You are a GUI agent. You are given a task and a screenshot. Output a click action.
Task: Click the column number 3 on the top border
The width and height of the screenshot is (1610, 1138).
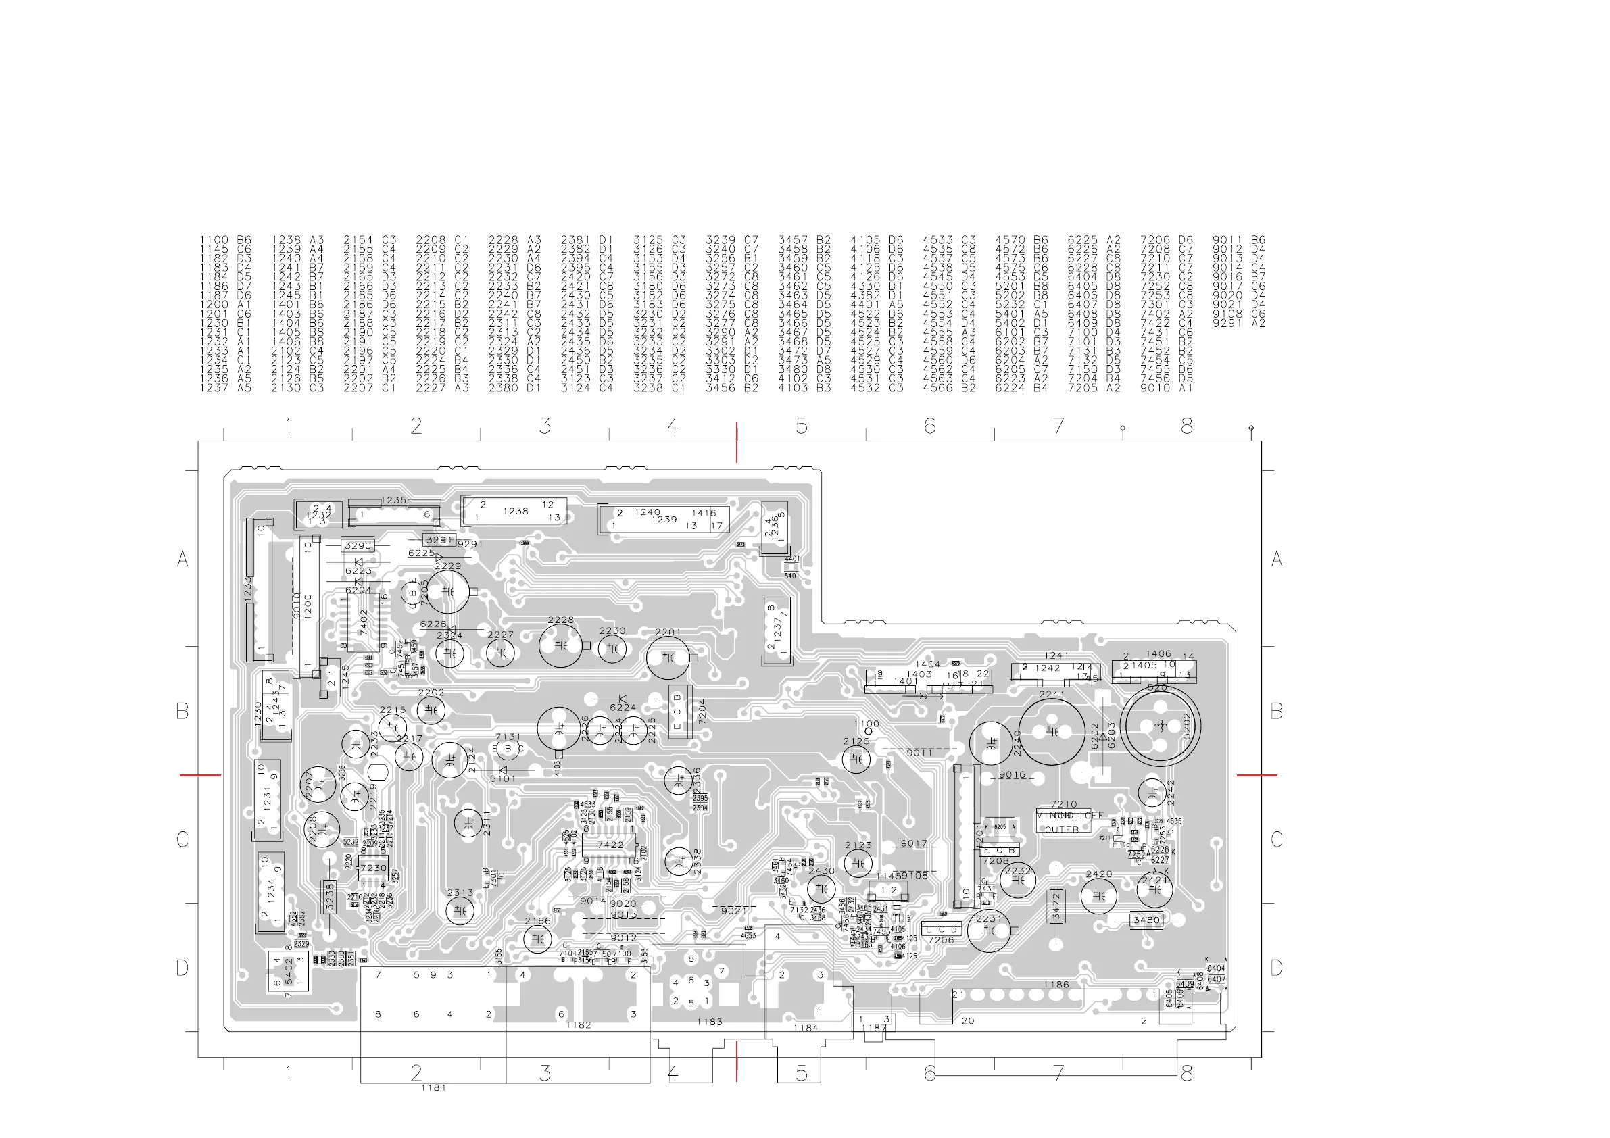pos(545,426)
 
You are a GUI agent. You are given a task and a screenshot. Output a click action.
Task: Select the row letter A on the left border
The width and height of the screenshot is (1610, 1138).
pos(183,559)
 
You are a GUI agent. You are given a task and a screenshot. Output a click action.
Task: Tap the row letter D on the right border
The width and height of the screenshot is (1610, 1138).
pos(1276,968)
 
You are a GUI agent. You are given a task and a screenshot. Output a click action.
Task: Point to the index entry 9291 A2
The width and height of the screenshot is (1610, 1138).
pos(1238,323)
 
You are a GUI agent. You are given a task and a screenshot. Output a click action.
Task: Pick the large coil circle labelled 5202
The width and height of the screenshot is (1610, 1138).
pos(1160,725)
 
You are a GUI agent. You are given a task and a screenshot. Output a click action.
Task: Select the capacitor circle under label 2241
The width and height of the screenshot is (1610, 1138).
pos(1052,731)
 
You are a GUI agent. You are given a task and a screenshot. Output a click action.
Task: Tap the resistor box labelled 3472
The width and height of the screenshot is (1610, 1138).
pos(1056,907)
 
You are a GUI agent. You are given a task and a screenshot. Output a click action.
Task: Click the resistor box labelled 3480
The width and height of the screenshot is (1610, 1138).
pos(1146,920)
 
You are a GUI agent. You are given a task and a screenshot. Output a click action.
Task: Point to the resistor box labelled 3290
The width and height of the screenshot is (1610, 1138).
pos(358,545)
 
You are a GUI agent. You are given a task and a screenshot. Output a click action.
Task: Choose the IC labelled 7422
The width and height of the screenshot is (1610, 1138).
pos(610,845)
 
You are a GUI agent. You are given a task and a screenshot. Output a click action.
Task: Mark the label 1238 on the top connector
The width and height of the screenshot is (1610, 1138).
pos(516,511)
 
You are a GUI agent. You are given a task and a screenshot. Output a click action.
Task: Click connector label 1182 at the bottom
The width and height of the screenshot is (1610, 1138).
pos(579,1024)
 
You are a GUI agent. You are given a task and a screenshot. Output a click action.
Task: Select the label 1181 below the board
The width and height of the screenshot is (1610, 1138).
pos(433,1087)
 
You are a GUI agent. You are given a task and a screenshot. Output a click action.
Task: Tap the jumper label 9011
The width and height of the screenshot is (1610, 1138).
pos(919,752)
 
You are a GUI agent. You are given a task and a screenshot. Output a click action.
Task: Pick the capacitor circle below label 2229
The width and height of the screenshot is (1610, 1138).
pos(447,592)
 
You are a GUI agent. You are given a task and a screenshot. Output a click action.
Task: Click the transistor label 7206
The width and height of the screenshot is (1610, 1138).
pos(940,940)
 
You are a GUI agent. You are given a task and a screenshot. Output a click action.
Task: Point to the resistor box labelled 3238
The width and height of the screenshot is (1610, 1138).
pos(331,897)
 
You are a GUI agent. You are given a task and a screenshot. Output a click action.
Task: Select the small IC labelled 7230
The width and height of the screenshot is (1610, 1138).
pos(373,868)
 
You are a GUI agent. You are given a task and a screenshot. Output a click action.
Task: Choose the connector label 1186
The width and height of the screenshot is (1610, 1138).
pos(1056,985)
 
